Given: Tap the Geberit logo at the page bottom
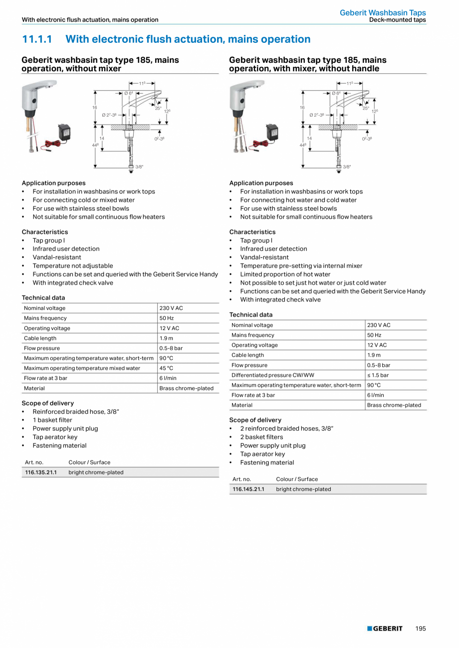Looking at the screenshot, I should pos(385,629).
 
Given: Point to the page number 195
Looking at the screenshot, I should pos(421,629).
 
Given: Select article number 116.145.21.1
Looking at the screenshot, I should pos(248,489).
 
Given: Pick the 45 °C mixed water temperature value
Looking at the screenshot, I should pos(166,368).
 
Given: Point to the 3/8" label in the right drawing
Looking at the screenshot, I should pos(347,167).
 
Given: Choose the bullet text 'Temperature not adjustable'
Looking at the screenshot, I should pos(73,266).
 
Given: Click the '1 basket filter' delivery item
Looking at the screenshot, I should pos(52,420).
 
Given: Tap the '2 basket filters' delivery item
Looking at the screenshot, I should pos(261,437).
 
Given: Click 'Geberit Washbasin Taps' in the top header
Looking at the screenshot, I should pos(383,13).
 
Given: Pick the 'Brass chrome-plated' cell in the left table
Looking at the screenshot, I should pos(186,388).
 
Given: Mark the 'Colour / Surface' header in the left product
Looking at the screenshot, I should pos(89,463).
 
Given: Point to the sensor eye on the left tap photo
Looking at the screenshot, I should pos(34,102).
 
